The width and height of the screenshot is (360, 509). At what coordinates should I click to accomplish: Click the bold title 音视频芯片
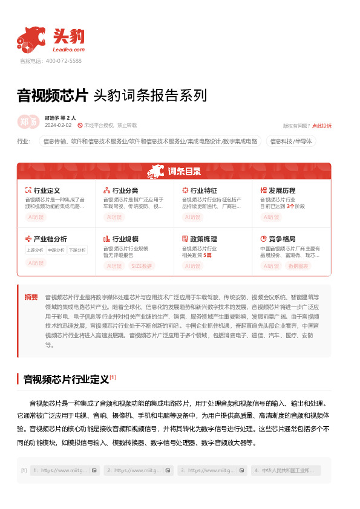[x=53, y=96]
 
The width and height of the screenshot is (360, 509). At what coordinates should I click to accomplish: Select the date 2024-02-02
[x=58, y=125]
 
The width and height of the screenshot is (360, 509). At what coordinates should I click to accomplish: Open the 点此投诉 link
[x=322, y=126]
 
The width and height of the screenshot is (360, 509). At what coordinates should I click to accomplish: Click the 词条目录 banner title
[x=185, y=171]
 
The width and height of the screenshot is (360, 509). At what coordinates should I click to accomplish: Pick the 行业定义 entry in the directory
[x=47, y=190]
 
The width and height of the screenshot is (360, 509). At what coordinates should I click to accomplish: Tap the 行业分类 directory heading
[x=125, y=190]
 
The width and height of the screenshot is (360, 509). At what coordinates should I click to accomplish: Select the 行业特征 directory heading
[x=203, y=190]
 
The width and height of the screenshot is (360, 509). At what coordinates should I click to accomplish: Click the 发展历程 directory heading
[x=282, y=190]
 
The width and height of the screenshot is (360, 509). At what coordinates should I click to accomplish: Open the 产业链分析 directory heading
[x=50, y=239]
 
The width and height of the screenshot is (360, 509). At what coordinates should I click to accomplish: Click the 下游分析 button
[x=77, y=250]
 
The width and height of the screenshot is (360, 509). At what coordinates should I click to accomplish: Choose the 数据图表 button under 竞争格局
[x=298, y=265]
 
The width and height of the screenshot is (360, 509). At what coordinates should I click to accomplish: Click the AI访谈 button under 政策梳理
[x=192, y=265]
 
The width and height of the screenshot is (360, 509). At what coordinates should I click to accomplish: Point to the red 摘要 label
[x=31, y=297]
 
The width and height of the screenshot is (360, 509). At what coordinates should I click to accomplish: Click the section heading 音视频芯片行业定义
[x=66, y=380]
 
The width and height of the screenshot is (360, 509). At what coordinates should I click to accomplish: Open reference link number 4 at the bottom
[x=286, y=470]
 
